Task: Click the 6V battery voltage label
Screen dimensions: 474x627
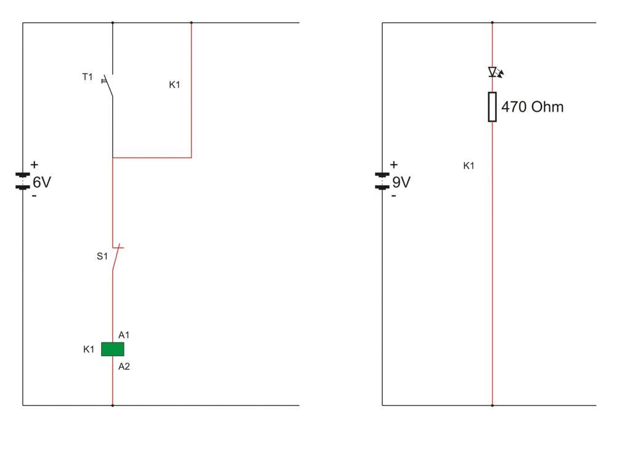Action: coord(42,182)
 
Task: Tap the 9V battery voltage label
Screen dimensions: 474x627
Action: coord(401,182)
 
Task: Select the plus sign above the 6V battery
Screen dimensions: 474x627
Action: coord(34,165)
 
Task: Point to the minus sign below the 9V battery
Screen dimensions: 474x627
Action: coord(393,196)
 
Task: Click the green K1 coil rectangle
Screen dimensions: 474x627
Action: coord(112,349)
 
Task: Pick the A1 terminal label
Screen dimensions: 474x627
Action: coord(124,335)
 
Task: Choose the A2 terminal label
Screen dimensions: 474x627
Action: coord(124,367)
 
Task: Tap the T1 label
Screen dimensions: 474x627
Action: coord(88,77)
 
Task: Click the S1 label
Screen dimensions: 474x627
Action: coord(102,256)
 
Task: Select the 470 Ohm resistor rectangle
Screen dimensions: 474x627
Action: coord(492,106)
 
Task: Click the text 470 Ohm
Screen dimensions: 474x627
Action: coord(532,107)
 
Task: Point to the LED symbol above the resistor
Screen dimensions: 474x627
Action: coord(494,72)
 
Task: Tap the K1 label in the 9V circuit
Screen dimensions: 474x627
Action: coord(469,165)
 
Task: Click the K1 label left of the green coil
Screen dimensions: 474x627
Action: coord(89,349)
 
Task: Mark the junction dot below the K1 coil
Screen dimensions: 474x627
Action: coord(112,405)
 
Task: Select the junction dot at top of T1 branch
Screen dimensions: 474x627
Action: coord(112,23)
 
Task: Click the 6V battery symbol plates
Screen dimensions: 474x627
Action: coord(23,181)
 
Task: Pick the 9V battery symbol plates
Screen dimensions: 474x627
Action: coord(382,181)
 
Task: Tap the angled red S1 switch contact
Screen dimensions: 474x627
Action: coord(117,260)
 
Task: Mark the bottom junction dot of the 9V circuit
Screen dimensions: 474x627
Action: coord(492,405)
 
